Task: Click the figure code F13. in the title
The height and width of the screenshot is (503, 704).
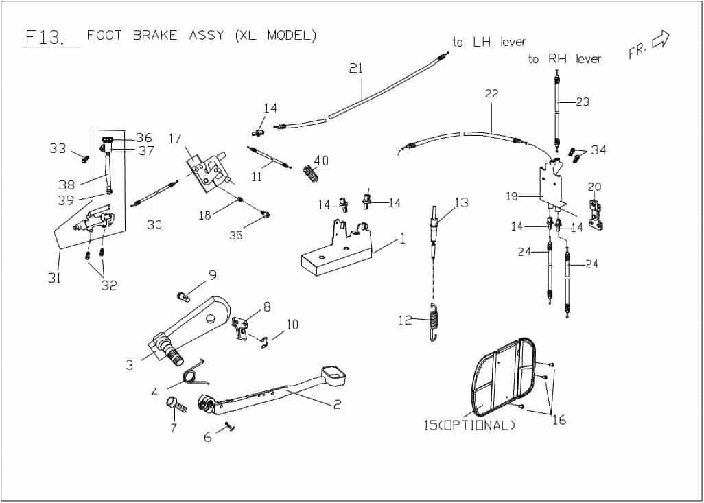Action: tap(44, 37)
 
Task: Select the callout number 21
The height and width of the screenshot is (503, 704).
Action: tap(355, 69)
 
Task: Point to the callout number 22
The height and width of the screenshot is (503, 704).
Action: tap(491, 93)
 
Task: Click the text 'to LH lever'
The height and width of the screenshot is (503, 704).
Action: tap(489, 43)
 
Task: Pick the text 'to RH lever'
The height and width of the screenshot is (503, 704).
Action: tap(564, 60)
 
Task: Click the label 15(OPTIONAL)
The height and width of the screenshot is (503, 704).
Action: tap(469, 425)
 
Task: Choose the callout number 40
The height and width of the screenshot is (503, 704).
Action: tap(320, 161)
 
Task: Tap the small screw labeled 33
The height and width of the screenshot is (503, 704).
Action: tap(85, 159)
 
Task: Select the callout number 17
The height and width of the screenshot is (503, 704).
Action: tap(175, 139)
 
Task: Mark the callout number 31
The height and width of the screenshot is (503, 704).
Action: tap(54, 278)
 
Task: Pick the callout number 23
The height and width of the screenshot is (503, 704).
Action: tap(583, 102)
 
